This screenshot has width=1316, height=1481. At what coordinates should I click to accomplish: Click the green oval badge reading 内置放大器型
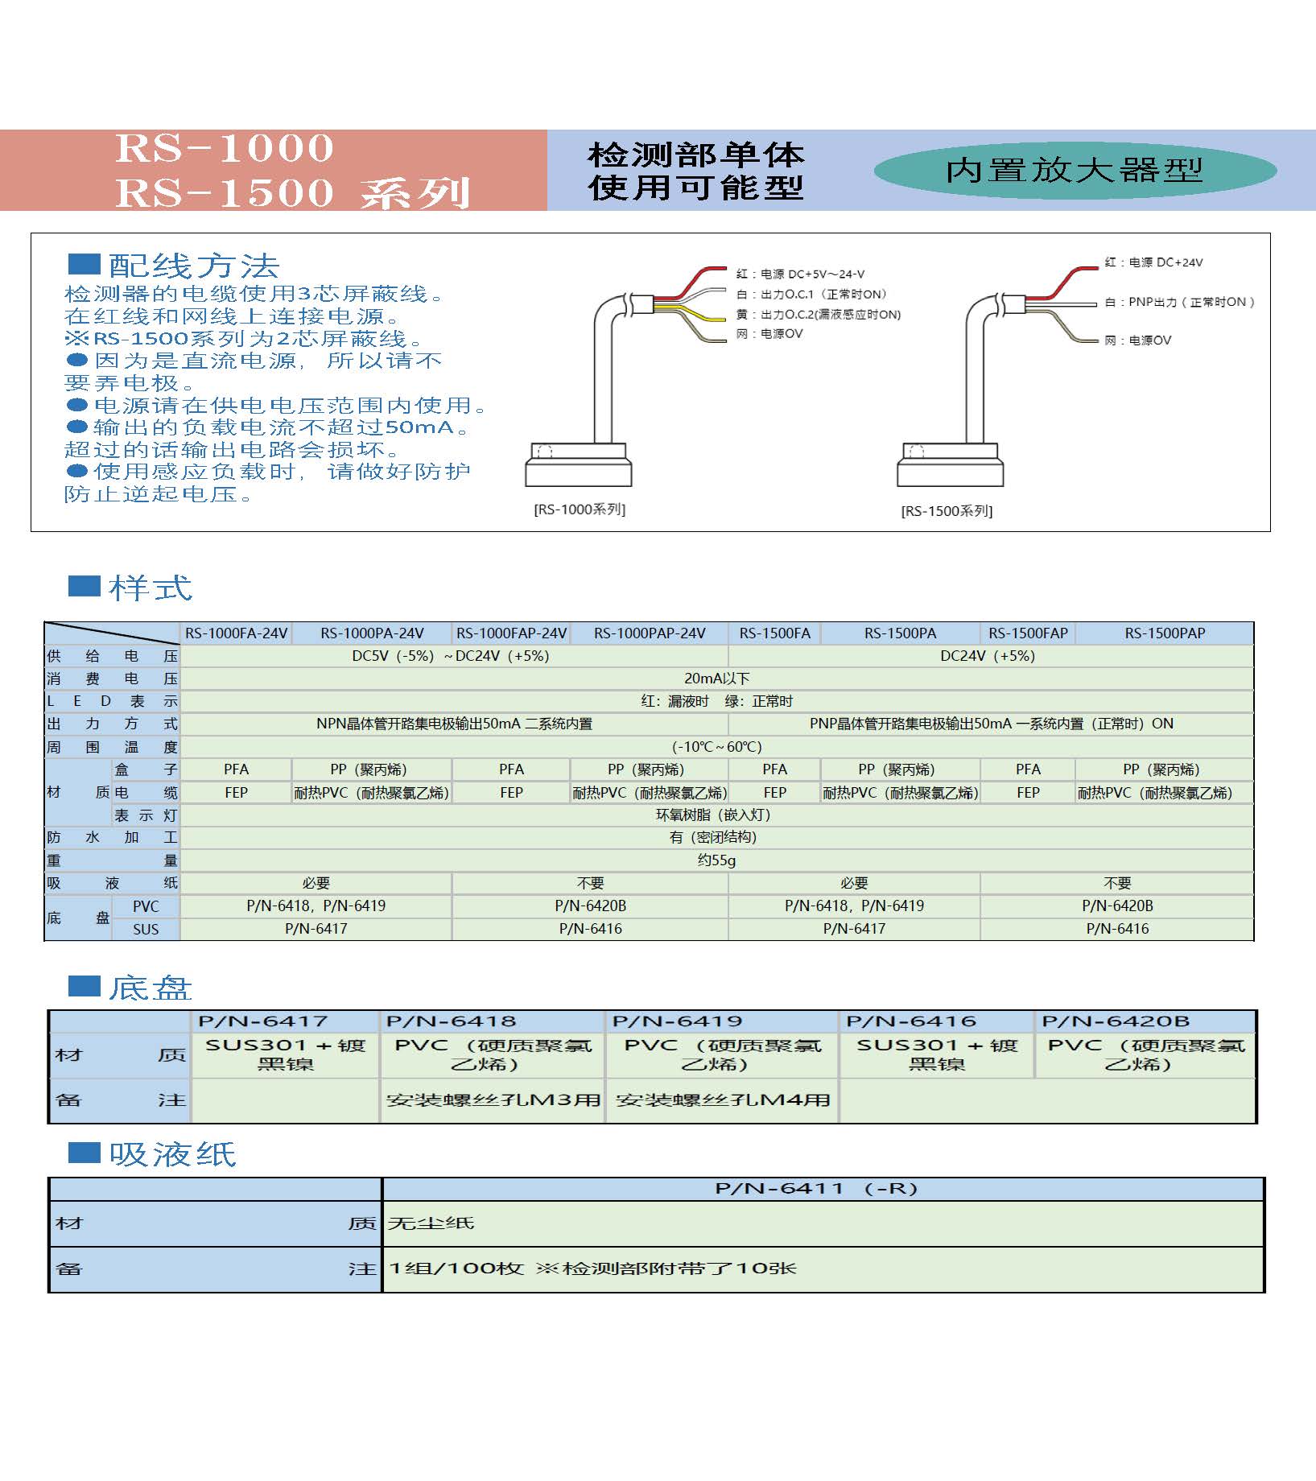point(1075,171)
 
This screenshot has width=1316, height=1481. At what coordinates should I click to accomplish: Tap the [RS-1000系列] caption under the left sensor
point(580,509)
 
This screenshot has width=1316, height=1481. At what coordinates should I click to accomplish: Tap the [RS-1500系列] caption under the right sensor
point(947,511)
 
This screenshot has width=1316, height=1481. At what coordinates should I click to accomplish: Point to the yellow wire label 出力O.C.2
point(830,315)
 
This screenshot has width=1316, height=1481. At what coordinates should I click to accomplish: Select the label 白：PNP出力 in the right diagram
point(1179,302)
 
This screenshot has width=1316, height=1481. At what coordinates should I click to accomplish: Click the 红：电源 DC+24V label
point(1153,262)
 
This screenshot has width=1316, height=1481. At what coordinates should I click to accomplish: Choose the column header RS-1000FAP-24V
point(511,633)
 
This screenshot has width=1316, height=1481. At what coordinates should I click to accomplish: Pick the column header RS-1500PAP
point(1165,633)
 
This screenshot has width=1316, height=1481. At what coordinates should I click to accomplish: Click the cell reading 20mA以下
point(716,679)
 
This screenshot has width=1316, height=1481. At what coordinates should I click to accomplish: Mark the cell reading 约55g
point(716,860)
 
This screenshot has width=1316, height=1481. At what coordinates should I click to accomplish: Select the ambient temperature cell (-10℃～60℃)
point(716,747)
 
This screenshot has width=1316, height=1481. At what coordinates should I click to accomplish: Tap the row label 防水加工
point(112,837)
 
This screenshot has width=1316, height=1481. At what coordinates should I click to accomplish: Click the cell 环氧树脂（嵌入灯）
point(713,815)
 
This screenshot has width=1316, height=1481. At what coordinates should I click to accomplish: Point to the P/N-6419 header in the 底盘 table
point(677,1021)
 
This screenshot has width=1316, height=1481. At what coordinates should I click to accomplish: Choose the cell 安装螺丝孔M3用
point(493,1099)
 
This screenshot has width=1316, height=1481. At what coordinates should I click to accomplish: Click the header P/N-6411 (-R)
point(816,1188)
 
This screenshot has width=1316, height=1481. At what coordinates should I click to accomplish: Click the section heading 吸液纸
point(172,1154)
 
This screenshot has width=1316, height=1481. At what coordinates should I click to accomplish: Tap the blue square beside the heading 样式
point(84,586)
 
